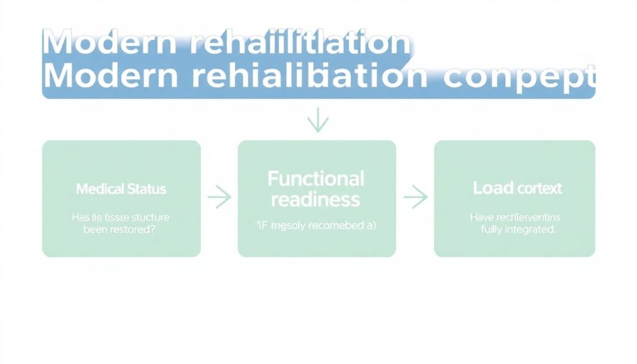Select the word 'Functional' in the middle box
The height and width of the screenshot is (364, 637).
coord(316,179)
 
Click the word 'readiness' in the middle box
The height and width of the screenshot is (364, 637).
coord(316,199)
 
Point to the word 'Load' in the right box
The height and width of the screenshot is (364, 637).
coord(492,188)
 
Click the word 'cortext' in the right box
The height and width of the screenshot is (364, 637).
coord(538,188)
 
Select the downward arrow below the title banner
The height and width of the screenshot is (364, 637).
coord(317,120)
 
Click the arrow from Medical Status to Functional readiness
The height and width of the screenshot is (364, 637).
coord(219,198)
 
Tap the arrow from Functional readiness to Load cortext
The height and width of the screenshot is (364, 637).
coord(415,198)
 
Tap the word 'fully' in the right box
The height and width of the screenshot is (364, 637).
coord(491,229)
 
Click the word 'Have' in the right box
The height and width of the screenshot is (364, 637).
coord(481,217)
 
